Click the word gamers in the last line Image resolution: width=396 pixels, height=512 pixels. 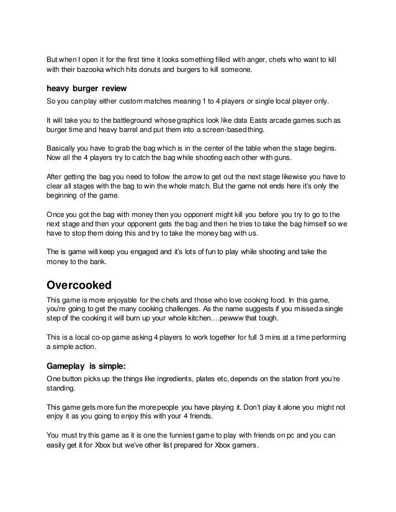point(242,447)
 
